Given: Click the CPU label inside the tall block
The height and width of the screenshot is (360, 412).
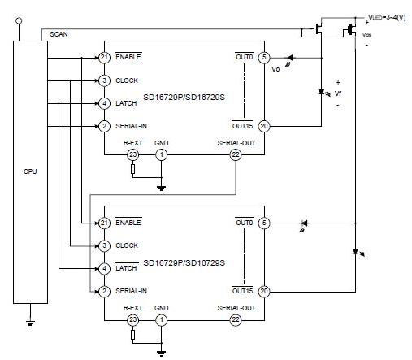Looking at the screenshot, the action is pyautogui.click(x=30, y=171).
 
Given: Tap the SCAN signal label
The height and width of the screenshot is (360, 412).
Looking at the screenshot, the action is pyautogui.click(x=59, y=34).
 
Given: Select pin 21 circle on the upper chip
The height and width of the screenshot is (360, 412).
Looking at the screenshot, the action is pyautogui.click(x=104, y=58).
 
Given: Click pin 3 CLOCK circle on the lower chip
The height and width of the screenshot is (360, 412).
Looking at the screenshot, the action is pyautogui.click(x=104, y=245).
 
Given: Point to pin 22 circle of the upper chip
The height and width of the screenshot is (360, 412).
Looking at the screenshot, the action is pyautogui.click(x=236, y=155).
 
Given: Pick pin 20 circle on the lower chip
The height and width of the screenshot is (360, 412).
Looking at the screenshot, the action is pyautogui.click(x=264, y=292).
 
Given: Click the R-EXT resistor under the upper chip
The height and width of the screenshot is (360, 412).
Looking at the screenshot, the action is pyautogui.click(x=132, y=169).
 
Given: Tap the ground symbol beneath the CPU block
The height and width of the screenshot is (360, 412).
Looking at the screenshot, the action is pyautogui.click(x=30, y=323).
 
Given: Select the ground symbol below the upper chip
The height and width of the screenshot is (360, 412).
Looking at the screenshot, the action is pyautogui.click(x=162, y=189).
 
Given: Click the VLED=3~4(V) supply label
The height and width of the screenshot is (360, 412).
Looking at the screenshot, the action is pyautogui.click(x=387, y=17).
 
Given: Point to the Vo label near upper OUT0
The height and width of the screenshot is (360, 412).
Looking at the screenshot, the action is pyautogui.click(x=275, y=69).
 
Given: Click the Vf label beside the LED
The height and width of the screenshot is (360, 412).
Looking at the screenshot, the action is pyautogui.click(x=338, y=93).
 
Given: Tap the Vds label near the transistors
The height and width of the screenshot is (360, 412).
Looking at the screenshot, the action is pyautogui.click(x=366, y=35).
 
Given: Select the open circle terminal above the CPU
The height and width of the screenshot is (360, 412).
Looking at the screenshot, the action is pyautogui.click(x=19, y=20).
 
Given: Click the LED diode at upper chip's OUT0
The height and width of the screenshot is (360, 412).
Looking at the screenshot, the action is pyautogui.click(x=290, y=58).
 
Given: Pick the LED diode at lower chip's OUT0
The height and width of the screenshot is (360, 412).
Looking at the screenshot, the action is pyautogui.click(x=304, y=223).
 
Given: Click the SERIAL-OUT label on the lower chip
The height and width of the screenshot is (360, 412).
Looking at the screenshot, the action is pyautogui.click(x=236, y=308).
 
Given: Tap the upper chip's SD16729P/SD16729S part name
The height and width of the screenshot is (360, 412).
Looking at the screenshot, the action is pyautogui.click(x=184, y=98).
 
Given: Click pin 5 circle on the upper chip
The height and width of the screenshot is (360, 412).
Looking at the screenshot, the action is pyautogui.click(x=264, y=58).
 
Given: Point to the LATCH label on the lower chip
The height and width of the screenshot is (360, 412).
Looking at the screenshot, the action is pyautogui.click(x=126, y=268).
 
